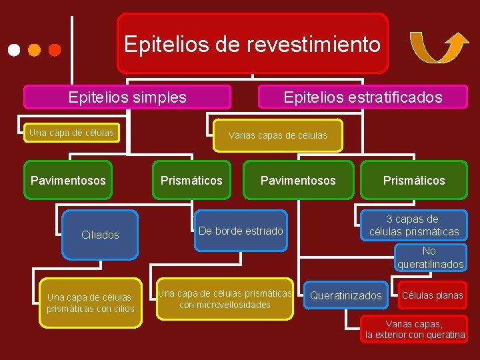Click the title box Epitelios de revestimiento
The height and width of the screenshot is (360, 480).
click(x=252, y=44)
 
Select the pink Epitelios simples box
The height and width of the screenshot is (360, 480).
click(x=127, y=97)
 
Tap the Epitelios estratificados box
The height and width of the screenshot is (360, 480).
click(x=363, y=97)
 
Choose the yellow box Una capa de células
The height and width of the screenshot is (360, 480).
click(x=71, y=133)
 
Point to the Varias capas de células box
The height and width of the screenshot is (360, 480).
click(x=278, y=135)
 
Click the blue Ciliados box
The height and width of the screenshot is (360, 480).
click(x=100, y=235)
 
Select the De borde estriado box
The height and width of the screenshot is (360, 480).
click(x=241, y=231)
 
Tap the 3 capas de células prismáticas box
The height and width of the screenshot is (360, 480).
click(x=414, y=225)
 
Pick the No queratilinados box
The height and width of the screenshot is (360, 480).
click(x=430, y=258)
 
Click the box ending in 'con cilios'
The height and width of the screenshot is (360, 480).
click(x=91, y=303)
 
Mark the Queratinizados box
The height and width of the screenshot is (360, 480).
click(x=346, y=295)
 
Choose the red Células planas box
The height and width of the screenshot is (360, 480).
click(x=431, y=295)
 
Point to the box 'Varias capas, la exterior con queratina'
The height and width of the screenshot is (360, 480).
click(x=415, y=329)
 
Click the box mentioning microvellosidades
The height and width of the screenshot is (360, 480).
click(x=225, y=299)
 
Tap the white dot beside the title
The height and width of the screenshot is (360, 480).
click(x=13, y=50)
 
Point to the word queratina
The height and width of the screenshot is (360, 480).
click(x=445, y=335)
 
